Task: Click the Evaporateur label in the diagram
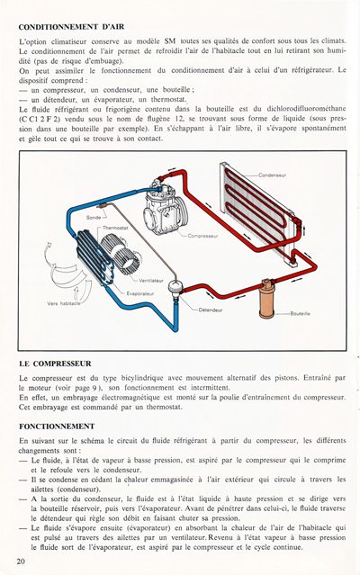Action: coord(141,292)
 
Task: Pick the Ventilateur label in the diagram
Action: coord(144,281)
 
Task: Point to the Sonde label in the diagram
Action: coord(94,217)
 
